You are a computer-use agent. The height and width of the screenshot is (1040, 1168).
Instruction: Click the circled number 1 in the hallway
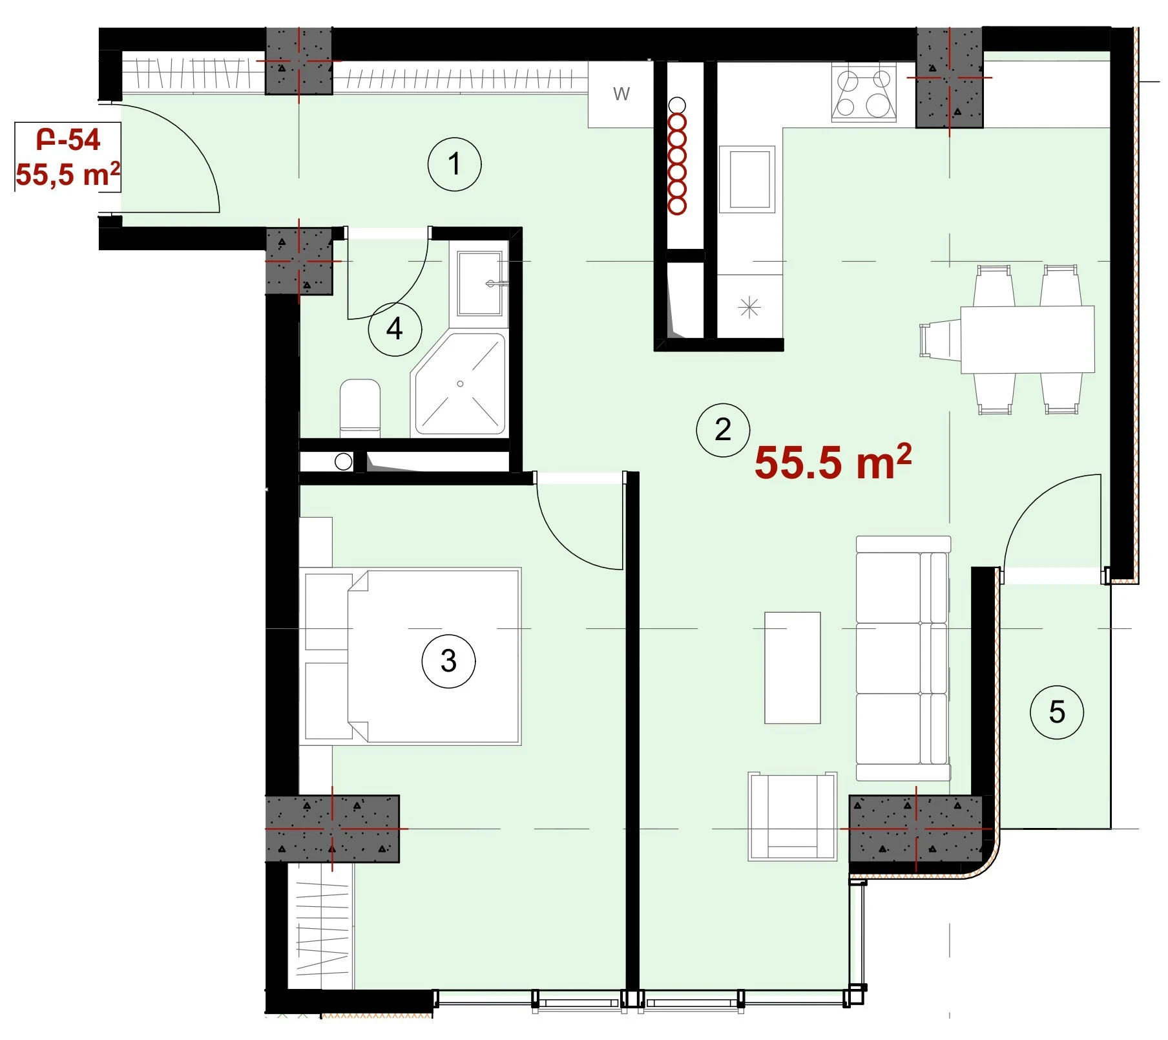click(x=455, y=164)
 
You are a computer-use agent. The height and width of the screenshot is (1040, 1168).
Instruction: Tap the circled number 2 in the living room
click(x=723, y=430)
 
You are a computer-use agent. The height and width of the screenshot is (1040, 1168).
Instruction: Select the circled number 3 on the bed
click(x=448, y=661)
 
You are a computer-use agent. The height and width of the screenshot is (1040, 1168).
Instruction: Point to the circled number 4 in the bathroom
click(x=395, y=329)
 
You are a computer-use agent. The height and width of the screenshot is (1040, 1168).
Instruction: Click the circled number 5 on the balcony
click(x=1057, y=712)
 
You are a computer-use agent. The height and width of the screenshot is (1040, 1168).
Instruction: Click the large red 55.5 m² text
click(x=833, y=462)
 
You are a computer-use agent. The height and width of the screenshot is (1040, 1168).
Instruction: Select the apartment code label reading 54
click(x=68, y=140)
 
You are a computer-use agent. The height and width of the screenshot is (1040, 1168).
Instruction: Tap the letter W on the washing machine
click(x=621, y=94)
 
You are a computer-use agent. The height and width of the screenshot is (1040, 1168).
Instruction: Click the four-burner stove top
click(x=864, y=93)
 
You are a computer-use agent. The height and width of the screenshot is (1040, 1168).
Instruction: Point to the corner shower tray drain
click(x=461, y=384)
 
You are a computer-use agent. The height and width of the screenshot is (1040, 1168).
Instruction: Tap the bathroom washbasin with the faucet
click(x=480, y=283)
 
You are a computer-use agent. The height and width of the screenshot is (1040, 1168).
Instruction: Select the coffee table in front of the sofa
click(x=793, y=668)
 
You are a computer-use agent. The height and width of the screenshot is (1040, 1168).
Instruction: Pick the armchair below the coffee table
click(x=793, y=816)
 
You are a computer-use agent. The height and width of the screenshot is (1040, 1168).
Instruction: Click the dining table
click(x=1028, y=339)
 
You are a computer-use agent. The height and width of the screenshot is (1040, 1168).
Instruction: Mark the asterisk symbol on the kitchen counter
click(x=749, y=308)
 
